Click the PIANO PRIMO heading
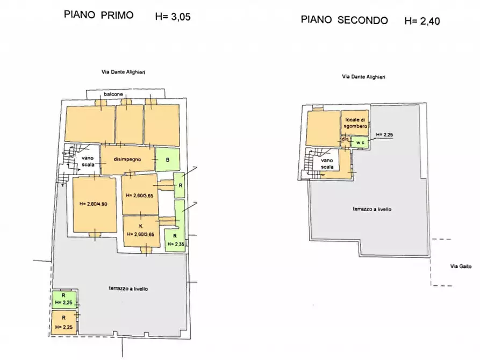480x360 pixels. click(x=98, y=15)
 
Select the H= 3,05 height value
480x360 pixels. click(x=173, y=17)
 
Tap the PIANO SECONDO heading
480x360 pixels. click(x=344, y=20)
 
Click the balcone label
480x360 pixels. click(x=105, y=94)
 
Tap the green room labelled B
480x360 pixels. click(x=167, y=160)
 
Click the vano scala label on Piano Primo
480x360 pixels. click(x=88, y=161)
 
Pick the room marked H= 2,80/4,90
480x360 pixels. click(x=94, y=204)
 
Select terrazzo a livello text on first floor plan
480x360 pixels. click(x=127, y=289)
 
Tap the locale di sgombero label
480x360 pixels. click(x=356, y=122)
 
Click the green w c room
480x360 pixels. click(x=360, y=142)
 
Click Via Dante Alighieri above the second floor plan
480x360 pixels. click(x=363, y=77)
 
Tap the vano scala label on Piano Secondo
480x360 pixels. click(x=327, y=163)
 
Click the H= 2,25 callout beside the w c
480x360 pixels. click(x=385, y=134)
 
